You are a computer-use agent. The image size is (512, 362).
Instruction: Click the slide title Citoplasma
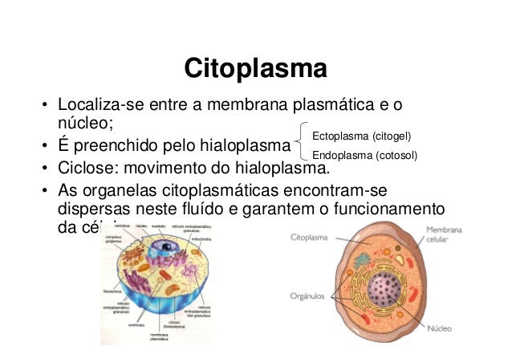coord(255,68)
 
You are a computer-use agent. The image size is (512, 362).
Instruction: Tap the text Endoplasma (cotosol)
coord(364,155)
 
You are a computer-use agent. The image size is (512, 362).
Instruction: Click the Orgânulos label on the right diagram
coord(307,295)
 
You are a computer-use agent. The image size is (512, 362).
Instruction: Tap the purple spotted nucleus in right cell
coord(389,291)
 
